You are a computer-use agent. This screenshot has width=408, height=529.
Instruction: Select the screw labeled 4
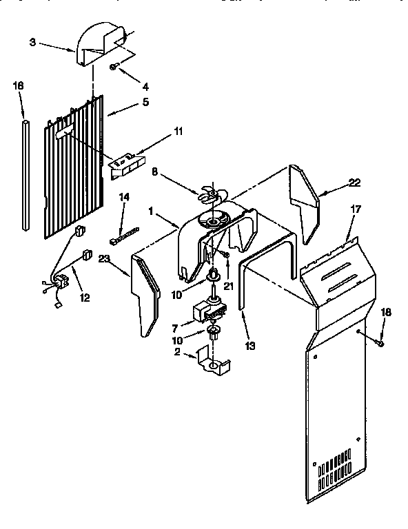click(114, 66)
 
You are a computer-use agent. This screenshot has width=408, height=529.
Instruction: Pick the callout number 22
click(354, 183)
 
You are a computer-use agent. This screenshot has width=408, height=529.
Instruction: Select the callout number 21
click(228, 285)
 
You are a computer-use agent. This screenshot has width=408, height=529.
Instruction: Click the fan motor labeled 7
click(210, 311)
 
